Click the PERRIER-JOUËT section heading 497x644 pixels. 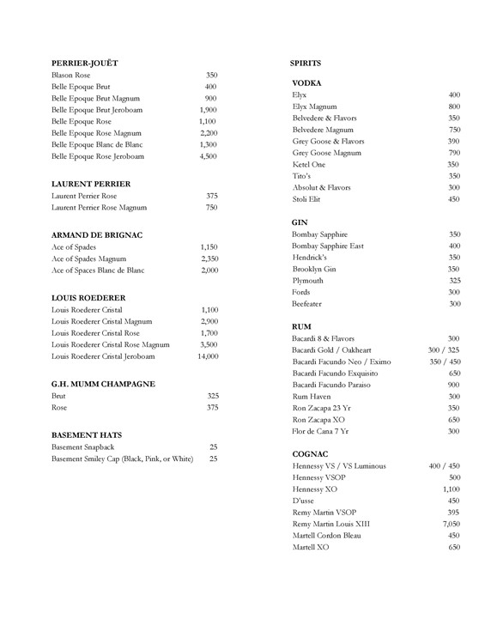[84, 64]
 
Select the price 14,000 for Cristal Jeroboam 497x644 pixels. [207, 355]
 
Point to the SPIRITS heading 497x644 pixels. [306, 64]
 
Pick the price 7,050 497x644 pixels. [451, 524]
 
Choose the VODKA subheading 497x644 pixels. [306, 82]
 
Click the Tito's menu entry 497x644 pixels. [302, 176]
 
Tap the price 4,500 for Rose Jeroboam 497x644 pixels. [208, 157]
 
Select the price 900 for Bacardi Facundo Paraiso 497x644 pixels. [454, 385]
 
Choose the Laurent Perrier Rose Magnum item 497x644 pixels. [99, 208]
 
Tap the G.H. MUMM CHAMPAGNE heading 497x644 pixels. [103, 384]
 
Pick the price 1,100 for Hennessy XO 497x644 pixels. [452, 489]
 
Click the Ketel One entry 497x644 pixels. [309, 164]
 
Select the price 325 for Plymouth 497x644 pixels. [454, 281]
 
